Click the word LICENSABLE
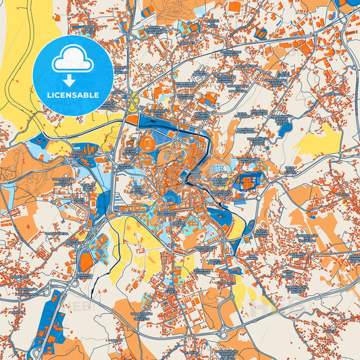point(72,94)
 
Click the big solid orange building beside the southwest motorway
point(86,261)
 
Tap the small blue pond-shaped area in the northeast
point(282,126)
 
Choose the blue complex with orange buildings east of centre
point(247,182)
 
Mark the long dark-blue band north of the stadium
point(162,122)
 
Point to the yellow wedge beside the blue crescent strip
point(236,230)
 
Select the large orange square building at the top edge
point(236,7)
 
